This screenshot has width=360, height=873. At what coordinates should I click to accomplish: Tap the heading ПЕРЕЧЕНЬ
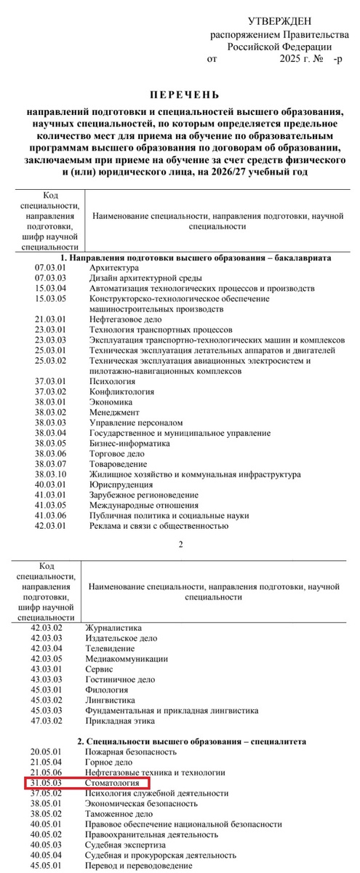coord(183,95)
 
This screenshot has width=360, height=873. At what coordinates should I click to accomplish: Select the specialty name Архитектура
coord(113,268)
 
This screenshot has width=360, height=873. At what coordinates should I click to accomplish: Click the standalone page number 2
coord(180,543)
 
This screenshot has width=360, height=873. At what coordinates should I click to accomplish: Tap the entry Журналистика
coord(114,627)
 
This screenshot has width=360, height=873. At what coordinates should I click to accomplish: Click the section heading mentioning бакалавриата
coord(196,258)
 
